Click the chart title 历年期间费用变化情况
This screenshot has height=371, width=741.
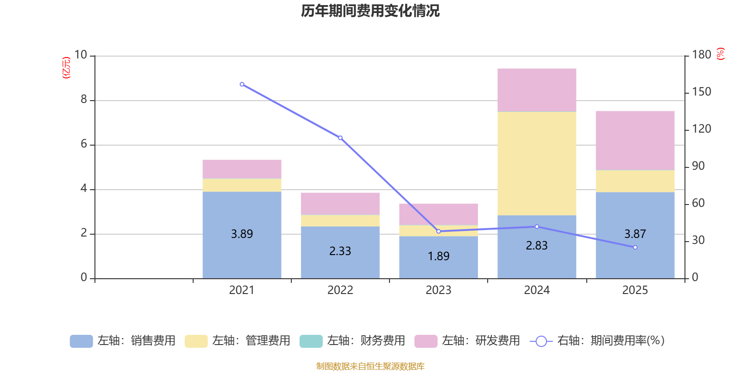370,11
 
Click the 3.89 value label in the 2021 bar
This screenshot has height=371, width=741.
242,234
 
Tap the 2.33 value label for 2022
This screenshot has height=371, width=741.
340,251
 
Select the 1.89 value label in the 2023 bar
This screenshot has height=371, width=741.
439,256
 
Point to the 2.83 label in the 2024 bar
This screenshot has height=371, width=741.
537,246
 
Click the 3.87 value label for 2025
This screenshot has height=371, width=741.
635,234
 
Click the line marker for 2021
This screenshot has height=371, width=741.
242,84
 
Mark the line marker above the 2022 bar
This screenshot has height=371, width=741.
340,138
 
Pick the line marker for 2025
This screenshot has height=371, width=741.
635,248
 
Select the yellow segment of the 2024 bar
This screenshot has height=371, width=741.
537,163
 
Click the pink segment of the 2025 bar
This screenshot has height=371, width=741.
635,141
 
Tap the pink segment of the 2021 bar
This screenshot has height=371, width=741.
242,169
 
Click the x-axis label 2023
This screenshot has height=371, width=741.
439,290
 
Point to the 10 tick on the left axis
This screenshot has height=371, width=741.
81,55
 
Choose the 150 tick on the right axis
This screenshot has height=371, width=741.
702,92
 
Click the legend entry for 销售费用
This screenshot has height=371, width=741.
123,341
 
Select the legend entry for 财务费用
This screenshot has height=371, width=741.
353,341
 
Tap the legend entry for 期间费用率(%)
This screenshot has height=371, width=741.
597,341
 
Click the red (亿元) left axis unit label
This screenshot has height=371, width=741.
66,68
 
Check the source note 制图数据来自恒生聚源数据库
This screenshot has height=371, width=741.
370,366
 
